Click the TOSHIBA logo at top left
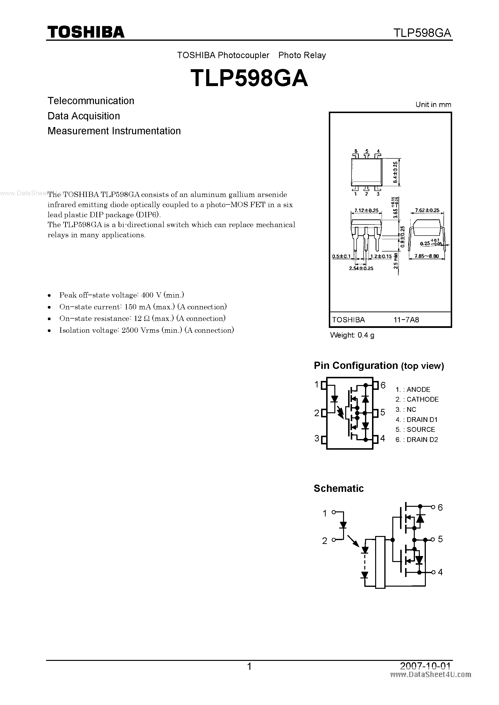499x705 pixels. click(86, 32)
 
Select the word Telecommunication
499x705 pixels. click(91, 101)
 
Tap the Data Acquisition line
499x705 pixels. click(84, 116)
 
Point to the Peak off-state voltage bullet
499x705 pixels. click(121, 295)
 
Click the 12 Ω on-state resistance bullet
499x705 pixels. click(142, 319)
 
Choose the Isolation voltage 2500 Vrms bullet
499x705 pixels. click(146, 330)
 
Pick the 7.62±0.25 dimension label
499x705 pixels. click(427, 210)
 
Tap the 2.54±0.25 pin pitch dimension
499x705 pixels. click(361, 268)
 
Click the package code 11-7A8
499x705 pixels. click(406, 320)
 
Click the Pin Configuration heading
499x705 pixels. click(379, 366)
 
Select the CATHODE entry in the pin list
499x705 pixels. click(422, 400)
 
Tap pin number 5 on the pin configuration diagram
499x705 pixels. click(382, 412)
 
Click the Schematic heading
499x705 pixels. click(338, 488)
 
